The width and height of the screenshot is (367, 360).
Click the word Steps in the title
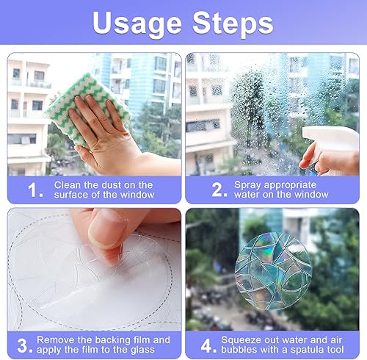[x=233, y=24]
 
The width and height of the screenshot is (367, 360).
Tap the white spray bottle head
[x=331, y=139]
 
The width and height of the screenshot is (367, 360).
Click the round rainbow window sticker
[x=273, y=271]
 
